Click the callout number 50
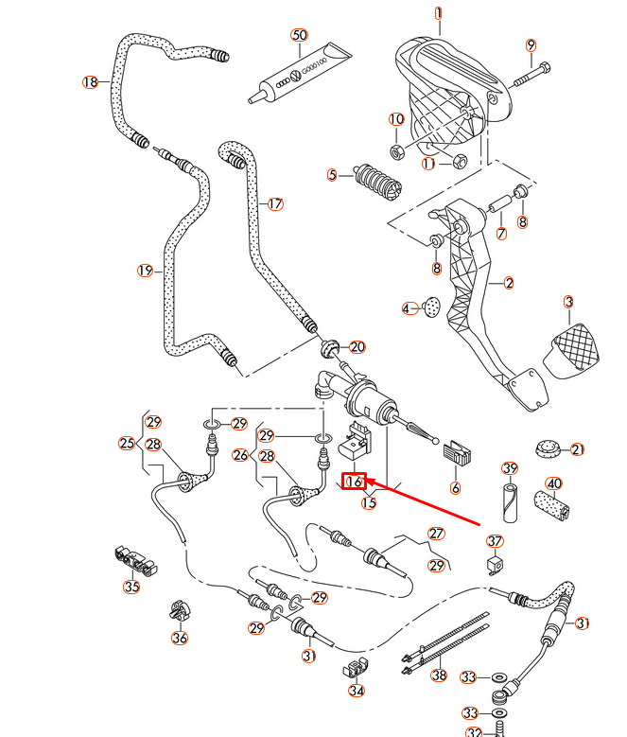pyautogui.click(x=299, y=35)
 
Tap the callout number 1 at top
pyautogui.click(x=438, y=13)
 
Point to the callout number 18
pyautogui.click(x=90, y=83)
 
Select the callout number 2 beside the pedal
pyautogui.click(x=509, y=283)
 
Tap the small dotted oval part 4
pyautogui.click(x=432, y=307)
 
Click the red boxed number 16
pyautogui.click(x=354, y=482)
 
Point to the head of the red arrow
pyautogui.click(x=368, y=481)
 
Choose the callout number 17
pyautogui.click(x=275, y=203)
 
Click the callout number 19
pyautogui.click(x=144, y=271)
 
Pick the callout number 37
pyautogui.click(x=495, y=541)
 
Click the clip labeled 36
pyautogui.click(x=177, y=611)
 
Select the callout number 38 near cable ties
pyautogui.click(x=438, y=676)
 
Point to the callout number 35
pyautogui.click(x=131, y=587)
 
